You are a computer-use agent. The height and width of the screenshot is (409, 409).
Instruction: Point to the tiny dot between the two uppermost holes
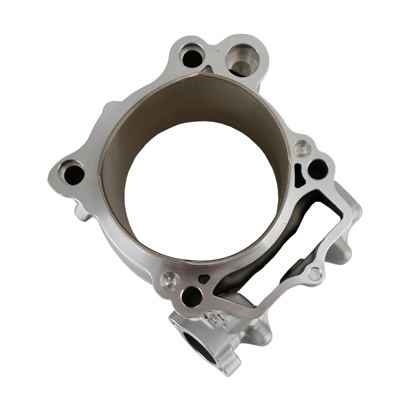tap(218, 51)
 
